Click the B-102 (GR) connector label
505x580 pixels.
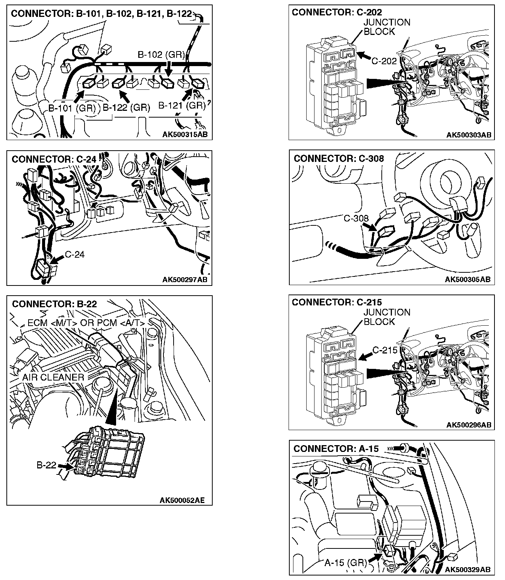point(161,55)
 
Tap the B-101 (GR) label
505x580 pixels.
point(71,108)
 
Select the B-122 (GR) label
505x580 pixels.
point(127,108)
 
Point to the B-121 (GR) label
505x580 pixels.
point(182,106)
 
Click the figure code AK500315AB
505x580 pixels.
point(185,134)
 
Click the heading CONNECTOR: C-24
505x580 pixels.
point(54,159)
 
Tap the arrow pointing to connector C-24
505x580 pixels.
point(56,260)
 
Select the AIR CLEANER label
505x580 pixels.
point(53,377)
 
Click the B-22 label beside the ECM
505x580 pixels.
point(46,465)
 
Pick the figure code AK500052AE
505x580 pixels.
point(182,500)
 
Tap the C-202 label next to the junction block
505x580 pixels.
point(384,61)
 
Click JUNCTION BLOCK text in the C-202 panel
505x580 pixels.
point(387,27)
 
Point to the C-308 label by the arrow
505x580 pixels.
point(356,218)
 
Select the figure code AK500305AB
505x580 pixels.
point(467,279)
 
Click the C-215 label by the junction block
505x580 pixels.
point(385,350)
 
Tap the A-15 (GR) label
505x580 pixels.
point(345,563)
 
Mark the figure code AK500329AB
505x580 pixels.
point(468,569)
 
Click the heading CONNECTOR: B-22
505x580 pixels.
point(54,304)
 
